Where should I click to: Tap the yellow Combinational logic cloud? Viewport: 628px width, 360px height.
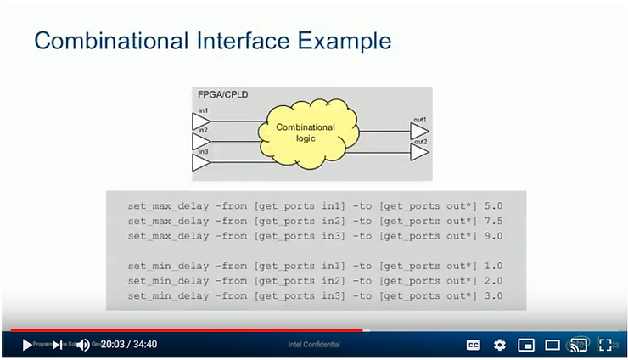point(306,132)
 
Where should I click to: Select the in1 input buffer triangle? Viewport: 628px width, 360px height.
point(200,122)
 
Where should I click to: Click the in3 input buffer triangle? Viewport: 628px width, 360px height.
point(200,161)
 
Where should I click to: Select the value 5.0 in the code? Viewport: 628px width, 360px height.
point(495,205)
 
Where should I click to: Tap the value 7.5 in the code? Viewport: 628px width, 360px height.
point(495,221)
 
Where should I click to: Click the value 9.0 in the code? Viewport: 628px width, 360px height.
point(495,236)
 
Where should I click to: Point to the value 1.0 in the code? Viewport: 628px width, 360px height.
point(495,265)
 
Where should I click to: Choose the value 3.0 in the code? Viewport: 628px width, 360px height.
point(495,295)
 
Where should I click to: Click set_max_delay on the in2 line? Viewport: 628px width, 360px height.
point(168,221)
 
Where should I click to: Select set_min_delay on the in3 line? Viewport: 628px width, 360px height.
point(168,295)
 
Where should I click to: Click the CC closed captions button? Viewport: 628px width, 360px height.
point(474,345)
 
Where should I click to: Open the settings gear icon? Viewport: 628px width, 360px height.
point(500,345)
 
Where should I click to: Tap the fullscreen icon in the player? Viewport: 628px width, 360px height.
point(605,345)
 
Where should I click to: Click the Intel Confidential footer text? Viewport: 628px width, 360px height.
point(314,345)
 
